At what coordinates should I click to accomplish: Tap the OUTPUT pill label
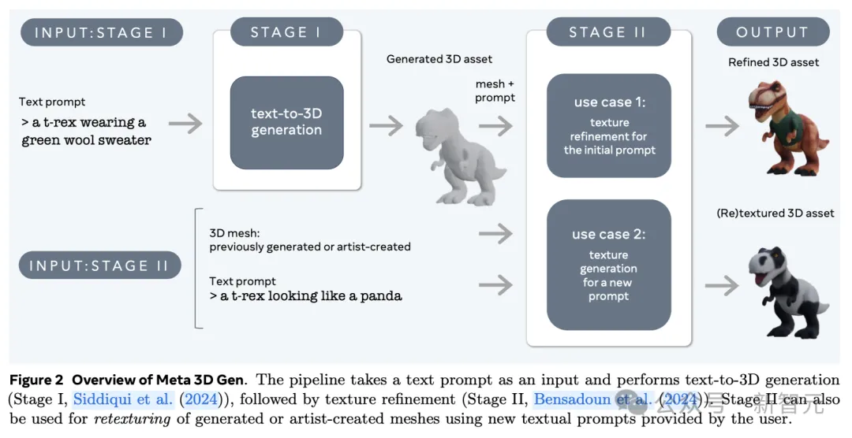(x=772, y=32)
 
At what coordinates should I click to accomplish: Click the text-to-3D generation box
(x=286, y=122)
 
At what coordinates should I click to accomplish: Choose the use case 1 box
(x=608, y=126)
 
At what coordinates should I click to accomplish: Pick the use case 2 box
(x=608, y=265)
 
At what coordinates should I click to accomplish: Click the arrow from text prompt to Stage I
(x=185, y=123)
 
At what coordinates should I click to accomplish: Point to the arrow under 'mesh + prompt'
(x=495, y=124)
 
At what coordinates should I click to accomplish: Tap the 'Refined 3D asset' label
(x=773, y=62)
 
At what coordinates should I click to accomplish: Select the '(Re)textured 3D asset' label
(x=775, y=213)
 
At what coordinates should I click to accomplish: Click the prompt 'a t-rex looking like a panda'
(x=305, y=296)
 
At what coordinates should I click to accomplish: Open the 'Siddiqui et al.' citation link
(x=123, y=399)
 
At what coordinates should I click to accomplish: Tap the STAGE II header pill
(x=607, y=32)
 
